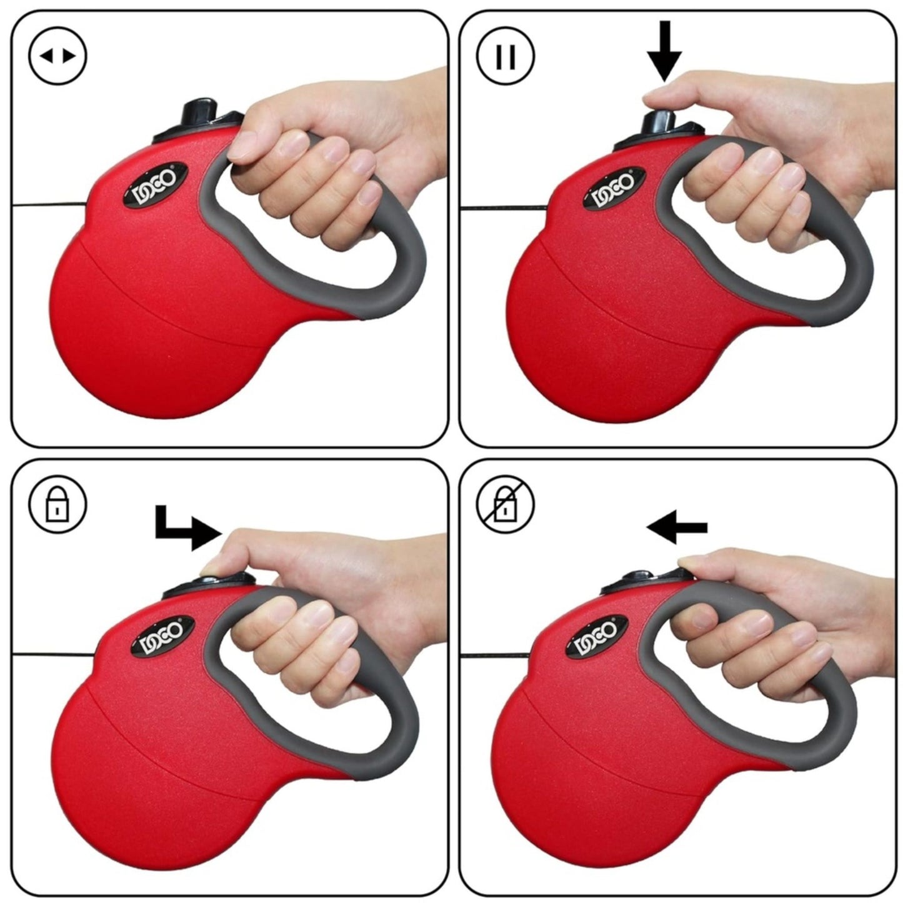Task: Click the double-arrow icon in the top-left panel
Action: point(57,56)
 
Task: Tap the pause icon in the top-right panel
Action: point(506,56)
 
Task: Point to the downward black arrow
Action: point(664,50)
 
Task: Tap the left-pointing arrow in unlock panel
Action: point(677,528)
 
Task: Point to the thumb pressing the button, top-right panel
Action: point(662,95)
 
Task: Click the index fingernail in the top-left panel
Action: point(239,148)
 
